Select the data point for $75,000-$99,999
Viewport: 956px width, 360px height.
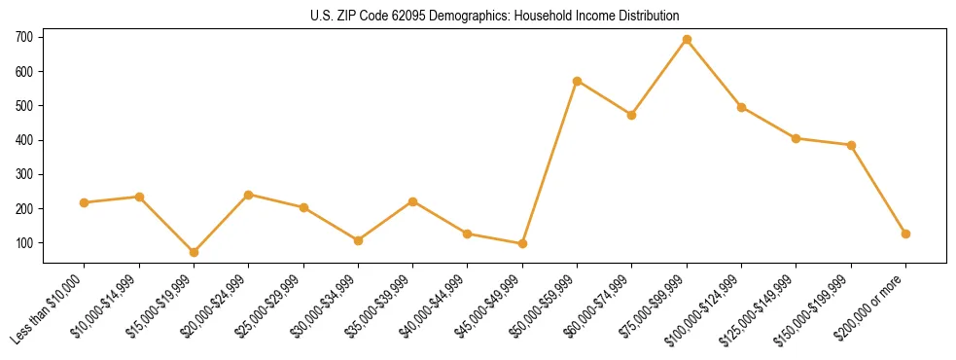coord(687,40)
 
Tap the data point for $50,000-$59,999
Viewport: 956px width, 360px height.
coord(578,81)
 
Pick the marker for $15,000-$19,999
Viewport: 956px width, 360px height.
coord(194,252)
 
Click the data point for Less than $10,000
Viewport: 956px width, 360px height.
coord(85,202)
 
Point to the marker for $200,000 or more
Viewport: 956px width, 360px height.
coord(905,234)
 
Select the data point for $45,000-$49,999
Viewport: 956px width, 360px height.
coord(522,243)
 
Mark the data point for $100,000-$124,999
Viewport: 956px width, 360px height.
coord(741,107)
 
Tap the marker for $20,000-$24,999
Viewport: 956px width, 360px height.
coord(249,195)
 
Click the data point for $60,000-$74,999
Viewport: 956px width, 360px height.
coord(632,115)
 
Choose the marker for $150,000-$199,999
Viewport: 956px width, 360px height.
coord(851,145)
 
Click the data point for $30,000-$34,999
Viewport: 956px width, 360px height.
coord(358,240)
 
